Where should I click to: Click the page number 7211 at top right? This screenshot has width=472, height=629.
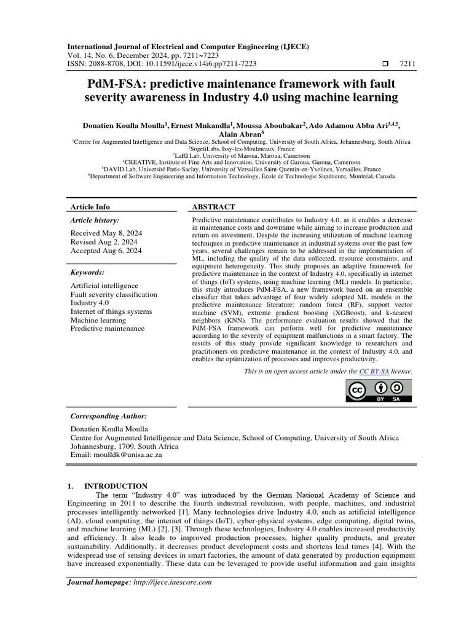[x=407, y=63]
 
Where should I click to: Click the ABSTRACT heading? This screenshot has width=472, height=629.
[x=213, y=207]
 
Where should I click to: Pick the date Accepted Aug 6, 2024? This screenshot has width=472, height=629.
[x=106, y=251]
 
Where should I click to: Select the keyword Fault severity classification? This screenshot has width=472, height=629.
[x=114, y=294]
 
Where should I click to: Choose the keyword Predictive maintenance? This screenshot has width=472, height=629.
[x=108, y=329]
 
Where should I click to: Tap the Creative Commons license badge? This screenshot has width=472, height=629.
[x=380, y=391]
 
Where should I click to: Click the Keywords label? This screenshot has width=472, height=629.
[x=87, y=272]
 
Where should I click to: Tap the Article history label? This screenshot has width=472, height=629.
[x=95, y=220]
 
